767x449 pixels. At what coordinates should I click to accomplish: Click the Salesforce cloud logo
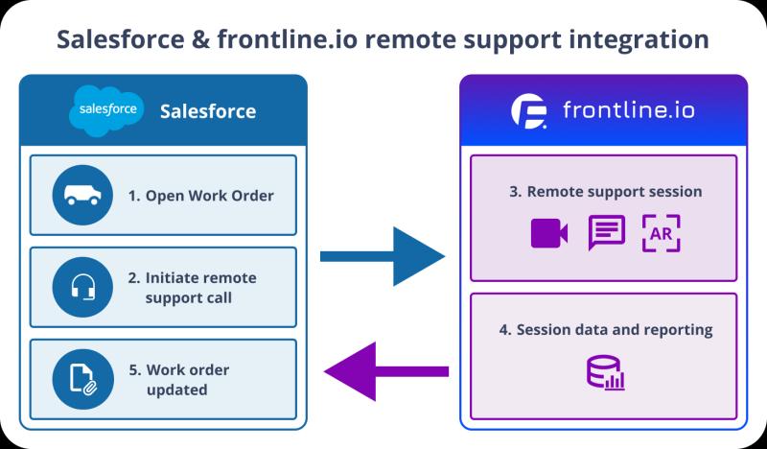click(106, 111)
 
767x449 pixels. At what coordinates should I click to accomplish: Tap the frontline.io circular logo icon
click(529, 111)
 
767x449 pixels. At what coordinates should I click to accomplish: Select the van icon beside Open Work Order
click(83, 195)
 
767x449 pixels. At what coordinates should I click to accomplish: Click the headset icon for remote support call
click(83, 286)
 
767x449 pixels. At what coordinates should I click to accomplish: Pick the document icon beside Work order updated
click(83, 378)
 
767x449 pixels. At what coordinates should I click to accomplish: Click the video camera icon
click(549, 233)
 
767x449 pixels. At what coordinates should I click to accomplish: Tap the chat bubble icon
click(606, 232)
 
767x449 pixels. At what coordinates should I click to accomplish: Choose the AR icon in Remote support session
click(662, 233)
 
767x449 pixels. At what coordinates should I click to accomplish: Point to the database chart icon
click(605, 371)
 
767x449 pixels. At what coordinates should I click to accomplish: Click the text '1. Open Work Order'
click(200, 196)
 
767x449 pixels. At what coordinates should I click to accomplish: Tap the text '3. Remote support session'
click(605, 191)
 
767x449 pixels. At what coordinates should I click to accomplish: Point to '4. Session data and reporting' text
click(605, 329)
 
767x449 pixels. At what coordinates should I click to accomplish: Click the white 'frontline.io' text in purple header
click(629, 111)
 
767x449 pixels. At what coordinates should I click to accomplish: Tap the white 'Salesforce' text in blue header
click(208, 111)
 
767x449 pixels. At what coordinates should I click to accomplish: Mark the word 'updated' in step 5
click(176, 390)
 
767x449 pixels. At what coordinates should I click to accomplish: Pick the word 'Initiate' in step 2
click(176, 278)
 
